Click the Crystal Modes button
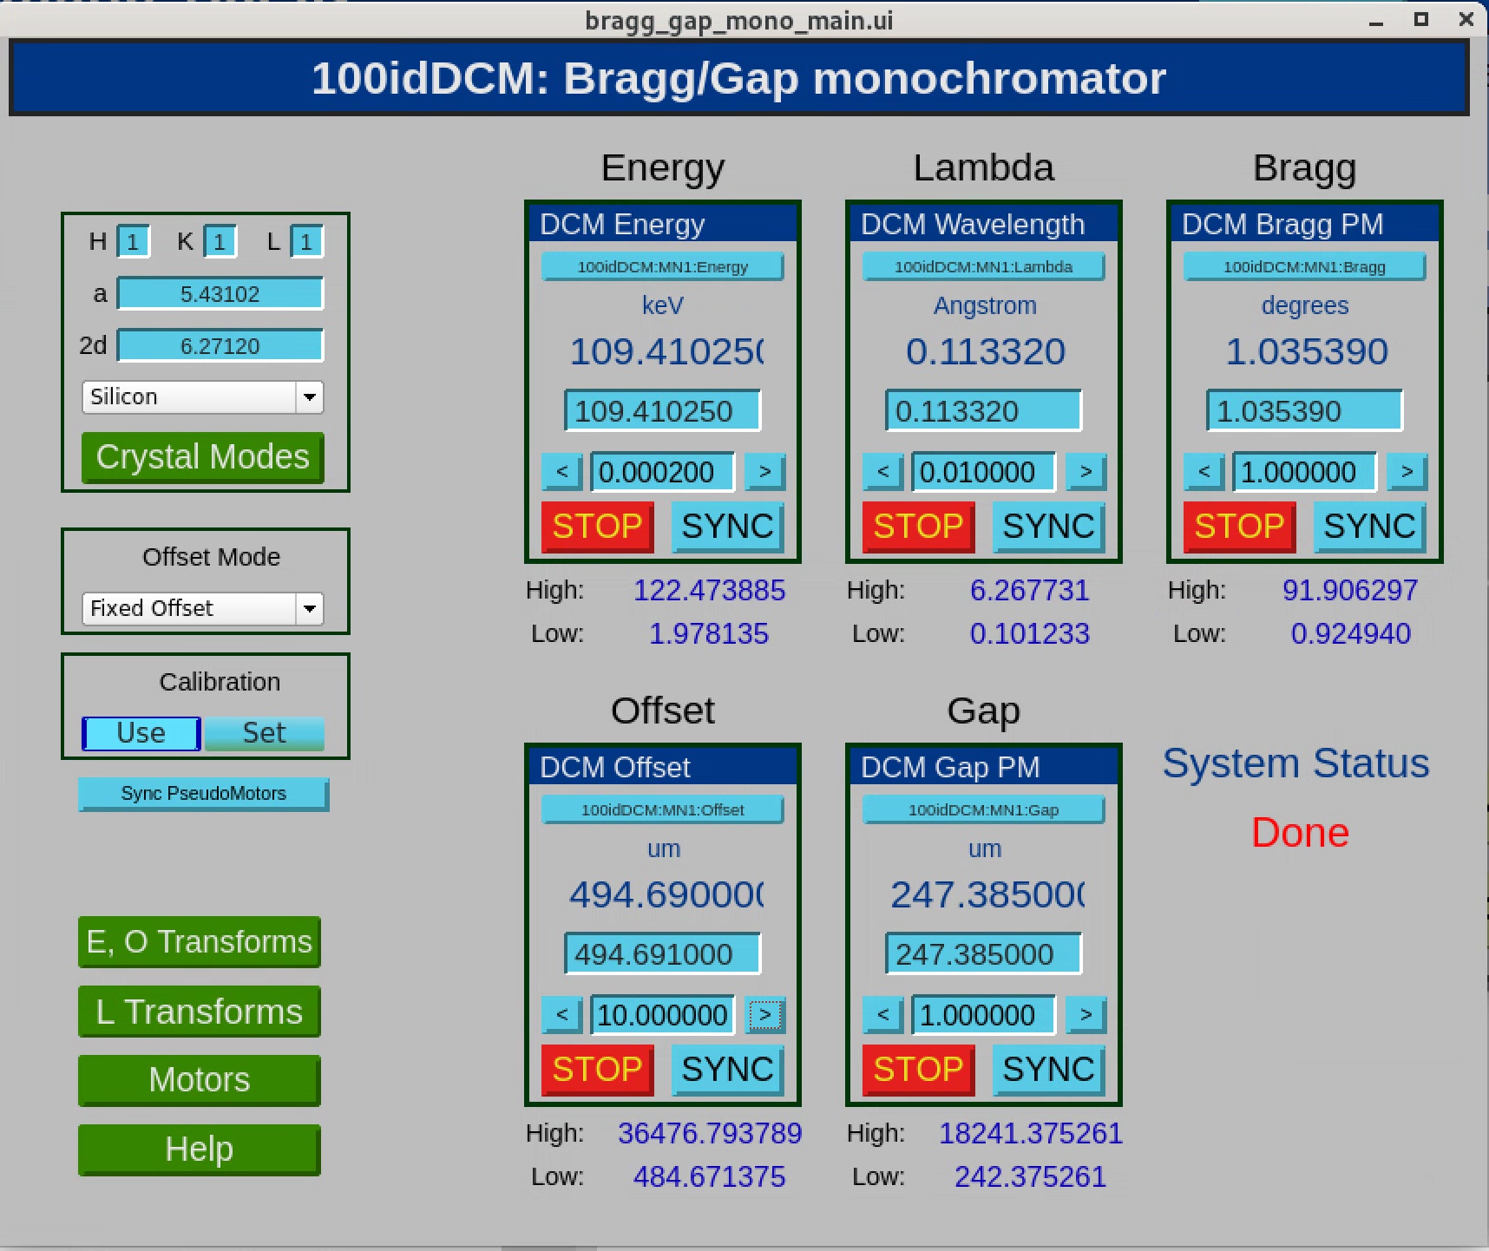(x=202, y=457)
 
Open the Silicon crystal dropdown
(x=202, y=396)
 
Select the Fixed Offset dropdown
(x=202, y=608)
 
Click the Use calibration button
(x=141, y=733)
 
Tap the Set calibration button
(x=264, y=733)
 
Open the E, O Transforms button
(x=200, y=942)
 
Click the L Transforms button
(x=200, y=1012)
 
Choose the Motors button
(x=200, y=1080)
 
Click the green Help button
(x=200, y=1149)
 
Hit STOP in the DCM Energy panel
(x=598, y=527)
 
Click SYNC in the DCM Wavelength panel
(x=1049, y=527)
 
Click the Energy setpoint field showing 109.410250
(x=663, y=411)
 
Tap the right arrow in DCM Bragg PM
(x=1407, y=472)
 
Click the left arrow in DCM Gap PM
(x=883, y=1015)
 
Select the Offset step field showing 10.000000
(x=663, y=1015)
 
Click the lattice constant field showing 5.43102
(x=220, y=294)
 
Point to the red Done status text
(x=1300, y=833)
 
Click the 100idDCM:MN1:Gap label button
(x=984, y=810)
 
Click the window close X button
(x=1466, y=19)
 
